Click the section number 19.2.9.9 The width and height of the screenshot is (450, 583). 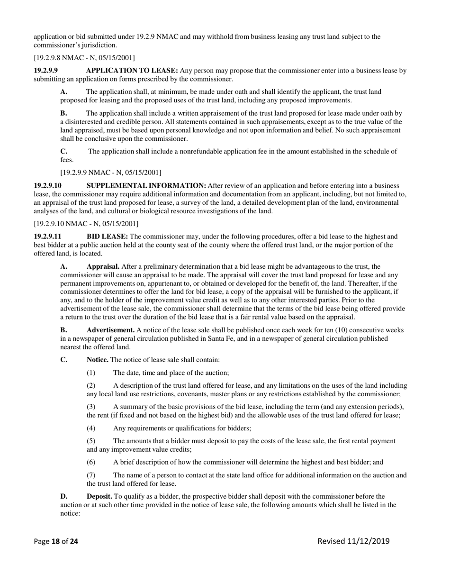[x=45, y=71]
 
